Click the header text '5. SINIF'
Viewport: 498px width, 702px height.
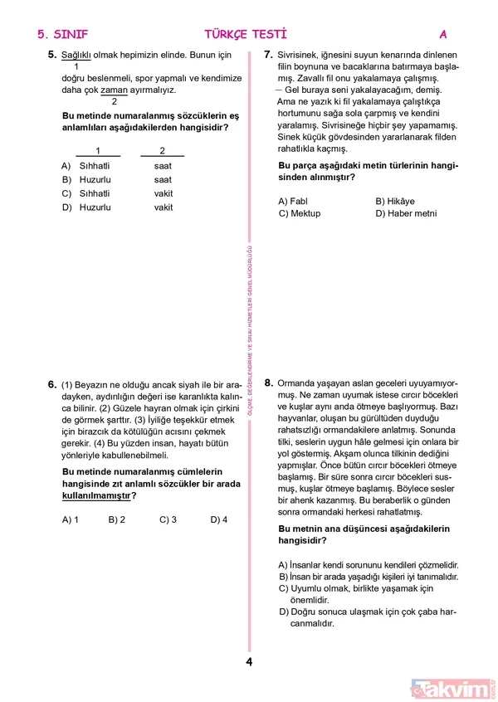tap(62, 34)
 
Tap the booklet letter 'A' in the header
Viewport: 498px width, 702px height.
tap(443, 34)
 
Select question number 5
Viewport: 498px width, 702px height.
tap(51, 55)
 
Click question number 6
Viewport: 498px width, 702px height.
tap(51, 384)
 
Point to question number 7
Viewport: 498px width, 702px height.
tap(268, 55)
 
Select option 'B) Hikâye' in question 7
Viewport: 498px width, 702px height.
tap(394, 201)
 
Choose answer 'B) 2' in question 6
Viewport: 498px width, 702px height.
tap(117, 519)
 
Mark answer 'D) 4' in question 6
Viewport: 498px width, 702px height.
tap(219, 519)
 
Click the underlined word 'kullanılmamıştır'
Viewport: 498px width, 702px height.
tap(96, 496)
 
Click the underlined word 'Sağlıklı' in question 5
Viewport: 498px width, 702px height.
tap(76, 55)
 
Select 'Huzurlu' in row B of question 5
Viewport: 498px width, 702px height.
tap(95, 179)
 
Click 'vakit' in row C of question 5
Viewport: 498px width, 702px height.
tap(164, 193)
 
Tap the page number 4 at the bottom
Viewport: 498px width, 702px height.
tap(249, 661)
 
